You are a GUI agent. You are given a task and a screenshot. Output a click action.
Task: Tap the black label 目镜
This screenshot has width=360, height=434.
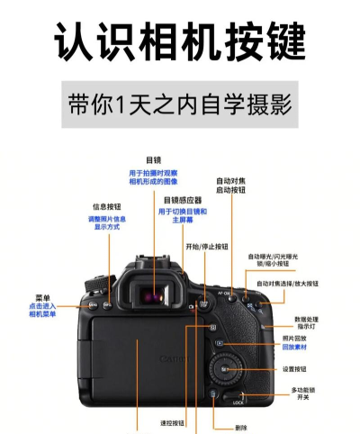[153, 159]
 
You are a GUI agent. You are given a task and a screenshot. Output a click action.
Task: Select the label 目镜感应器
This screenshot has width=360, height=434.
[182, 199]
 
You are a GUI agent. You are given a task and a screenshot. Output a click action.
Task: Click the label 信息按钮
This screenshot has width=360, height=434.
[107, 206]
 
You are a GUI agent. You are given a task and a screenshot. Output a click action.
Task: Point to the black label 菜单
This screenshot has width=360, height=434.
[43, 297]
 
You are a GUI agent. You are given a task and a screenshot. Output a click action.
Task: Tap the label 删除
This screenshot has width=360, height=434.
[240, 427]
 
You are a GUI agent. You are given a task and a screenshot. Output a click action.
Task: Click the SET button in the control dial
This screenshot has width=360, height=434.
[226, 371]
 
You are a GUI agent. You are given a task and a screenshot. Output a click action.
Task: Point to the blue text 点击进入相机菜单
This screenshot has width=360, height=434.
[42, 310]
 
